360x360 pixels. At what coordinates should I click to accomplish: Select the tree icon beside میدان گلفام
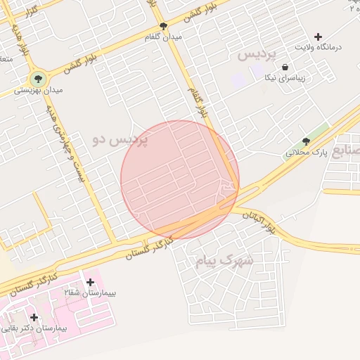[164, 27]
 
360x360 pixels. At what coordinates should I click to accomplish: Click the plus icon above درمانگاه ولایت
[318, 36]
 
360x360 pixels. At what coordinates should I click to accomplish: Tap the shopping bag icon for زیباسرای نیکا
[285, 67]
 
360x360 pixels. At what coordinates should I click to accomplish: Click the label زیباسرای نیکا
[284, 78]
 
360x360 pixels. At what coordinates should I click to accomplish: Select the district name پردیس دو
[120, 140]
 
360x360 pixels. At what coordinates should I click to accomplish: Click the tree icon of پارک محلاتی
[305, 141]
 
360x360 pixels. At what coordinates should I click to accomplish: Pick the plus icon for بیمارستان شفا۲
[89, 282]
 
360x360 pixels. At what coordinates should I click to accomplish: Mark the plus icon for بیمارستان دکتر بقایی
[34, 317]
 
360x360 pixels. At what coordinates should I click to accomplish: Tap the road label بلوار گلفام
[199, 102]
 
